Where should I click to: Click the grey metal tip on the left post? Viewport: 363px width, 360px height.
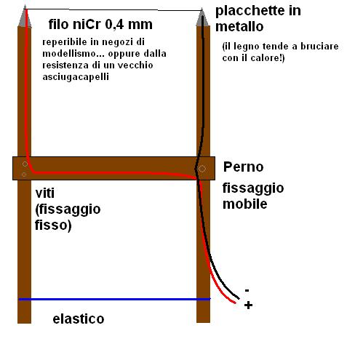25,17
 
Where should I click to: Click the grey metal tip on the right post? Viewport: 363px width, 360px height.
203,18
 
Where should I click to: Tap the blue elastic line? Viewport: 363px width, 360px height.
114,300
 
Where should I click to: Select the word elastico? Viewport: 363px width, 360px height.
79,319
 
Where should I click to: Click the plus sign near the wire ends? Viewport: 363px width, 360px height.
248,305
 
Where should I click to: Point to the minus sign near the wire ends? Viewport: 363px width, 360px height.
247,290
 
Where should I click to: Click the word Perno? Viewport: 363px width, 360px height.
243,167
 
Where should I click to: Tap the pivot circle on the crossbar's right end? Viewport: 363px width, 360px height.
202,169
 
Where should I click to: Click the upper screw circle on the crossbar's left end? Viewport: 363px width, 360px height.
25,164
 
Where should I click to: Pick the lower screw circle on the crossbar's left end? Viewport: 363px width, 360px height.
24,175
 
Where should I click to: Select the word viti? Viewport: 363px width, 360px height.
45,193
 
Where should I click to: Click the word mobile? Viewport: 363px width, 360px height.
245,204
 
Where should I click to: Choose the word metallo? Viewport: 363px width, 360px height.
239,27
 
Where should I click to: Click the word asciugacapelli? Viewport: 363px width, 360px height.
76,77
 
